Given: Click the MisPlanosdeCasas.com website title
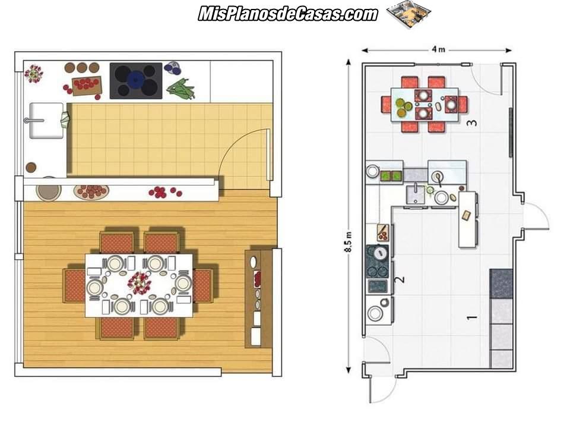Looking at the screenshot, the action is tap(288, 14).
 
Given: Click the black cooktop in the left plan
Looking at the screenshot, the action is tap(136, 81).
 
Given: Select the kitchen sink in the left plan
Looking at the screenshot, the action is tap(46, 121).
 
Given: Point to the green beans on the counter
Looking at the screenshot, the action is tap(180, 89).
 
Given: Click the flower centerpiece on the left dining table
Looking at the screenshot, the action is tap(139, 282).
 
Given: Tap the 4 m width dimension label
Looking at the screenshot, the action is tap(438, 49).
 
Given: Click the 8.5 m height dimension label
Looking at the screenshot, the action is tap(349, 242).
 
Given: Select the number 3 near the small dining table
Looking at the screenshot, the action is tap(471, 122).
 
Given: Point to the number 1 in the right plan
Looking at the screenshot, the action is tap(471, 317).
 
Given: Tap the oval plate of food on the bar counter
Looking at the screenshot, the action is tap(91, 191).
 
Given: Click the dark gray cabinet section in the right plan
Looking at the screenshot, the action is tap(501, 284).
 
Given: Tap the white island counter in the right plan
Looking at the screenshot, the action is tap(467, 219).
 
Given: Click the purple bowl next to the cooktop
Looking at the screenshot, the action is tap(173, 68).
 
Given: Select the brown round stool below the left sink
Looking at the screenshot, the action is tap(31, 167).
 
